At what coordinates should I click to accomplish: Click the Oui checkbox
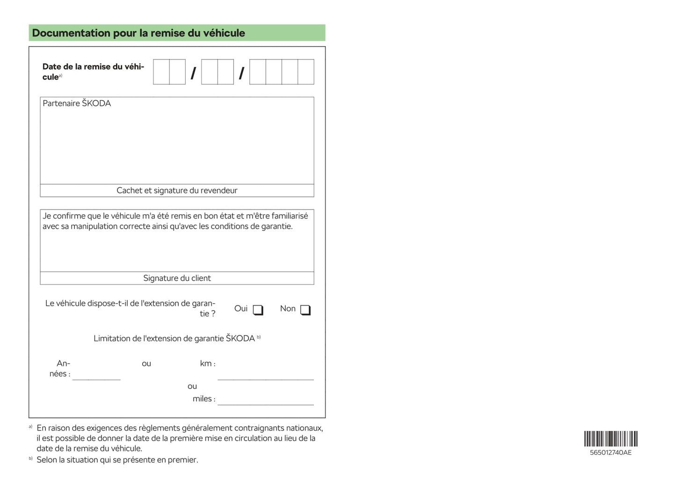[258, 310]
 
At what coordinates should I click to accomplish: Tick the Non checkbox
[305, 310]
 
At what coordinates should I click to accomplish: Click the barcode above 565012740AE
[611, 439]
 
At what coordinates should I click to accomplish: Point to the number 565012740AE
[611, 452]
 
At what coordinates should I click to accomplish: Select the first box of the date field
[161, 72]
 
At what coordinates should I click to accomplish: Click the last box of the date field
[305, 72]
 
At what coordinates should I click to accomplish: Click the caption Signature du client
[177, 278]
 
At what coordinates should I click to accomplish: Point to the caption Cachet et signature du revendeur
[177, 190]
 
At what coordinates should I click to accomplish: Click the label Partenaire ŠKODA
[77, 103]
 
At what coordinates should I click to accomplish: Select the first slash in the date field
[193, 73]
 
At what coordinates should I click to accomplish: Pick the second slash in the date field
[241, 73]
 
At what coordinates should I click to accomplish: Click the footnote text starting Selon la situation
[117, 460]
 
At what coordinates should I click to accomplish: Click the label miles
[204, 399]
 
